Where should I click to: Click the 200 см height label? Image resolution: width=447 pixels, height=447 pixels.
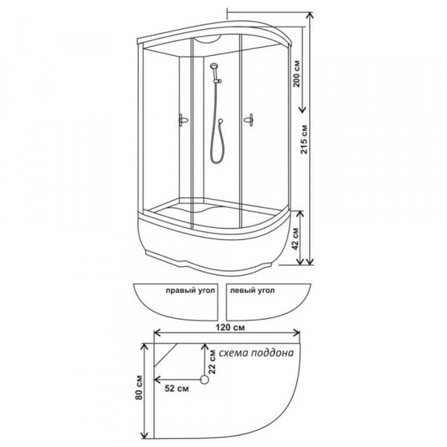click(297, 74)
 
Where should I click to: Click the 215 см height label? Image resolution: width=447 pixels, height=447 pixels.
click(305, 139)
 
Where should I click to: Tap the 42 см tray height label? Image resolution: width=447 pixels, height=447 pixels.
click(296, 239)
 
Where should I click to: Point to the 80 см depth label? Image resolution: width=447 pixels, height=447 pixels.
click(139, 387)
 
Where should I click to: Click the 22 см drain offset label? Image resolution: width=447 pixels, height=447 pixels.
click(212, 361)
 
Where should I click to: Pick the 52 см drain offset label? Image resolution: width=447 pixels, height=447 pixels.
click(177, 388)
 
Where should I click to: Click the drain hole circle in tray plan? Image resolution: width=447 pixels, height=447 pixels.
click(204, 380)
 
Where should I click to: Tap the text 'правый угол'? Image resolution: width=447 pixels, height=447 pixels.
click(190, 291)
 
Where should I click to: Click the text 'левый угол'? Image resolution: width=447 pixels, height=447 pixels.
click(253, 291)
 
